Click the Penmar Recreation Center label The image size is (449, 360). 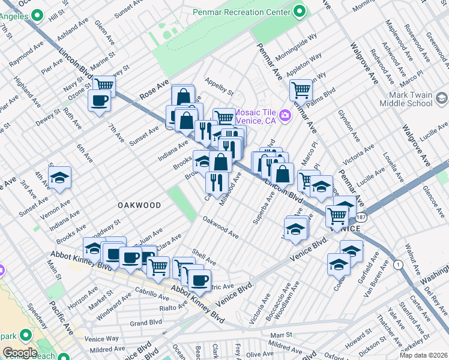click(242, 11)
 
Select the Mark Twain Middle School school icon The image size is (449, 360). click(442, 98)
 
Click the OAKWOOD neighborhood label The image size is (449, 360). click(139, 205)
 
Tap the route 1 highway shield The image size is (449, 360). click(397, 265)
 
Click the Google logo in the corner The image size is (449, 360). click(20, 353)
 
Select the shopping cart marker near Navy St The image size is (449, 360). click(104, 85)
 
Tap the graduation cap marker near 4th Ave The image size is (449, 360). click(60, 178)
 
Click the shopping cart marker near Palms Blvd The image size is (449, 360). click(301, 90)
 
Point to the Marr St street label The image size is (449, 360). click(280, 335)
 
